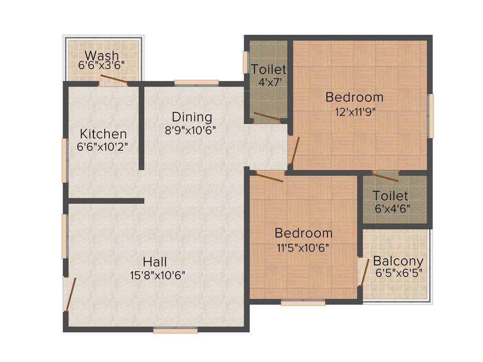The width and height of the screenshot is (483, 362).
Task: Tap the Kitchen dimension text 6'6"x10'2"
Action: coord(103,147)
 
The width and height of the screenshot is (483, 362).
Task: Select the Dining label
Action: coord(192,116)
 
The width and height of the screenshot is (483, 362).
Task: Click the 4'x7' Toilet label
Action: coord(268,69)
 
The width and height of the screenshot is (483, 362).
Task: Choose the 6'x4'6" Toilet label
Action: coord(391,195)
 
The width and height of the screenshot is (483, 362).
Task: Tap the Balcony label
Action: coord(398,261)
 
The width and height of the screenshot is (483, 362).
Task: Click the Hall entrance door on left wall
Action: coord(70,294)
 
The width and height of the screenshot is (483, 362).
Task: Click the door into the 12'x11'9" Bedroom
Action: coord(295,150)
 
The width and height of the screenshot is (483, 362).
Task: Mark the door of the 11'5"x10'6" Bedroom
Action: coord(267,177)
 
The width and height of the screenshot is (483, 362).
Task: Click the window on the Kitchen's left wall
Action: coord(65,160)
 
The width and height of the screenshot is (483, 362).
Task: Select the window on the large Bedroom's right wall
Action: coord(430,115)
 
